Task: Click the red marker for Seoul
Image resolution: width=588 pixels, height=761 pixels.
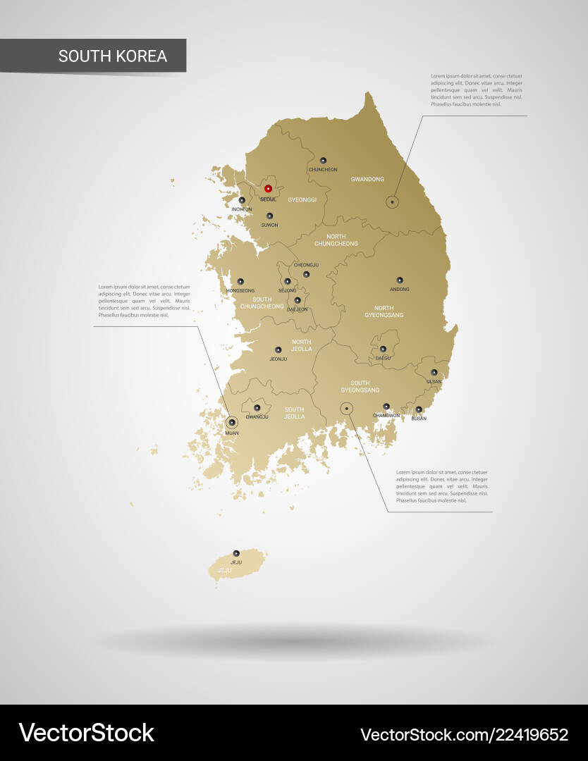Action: tap(268, 189)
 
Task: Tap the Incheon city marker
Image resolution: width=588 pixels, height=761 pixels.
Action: tap(242, 201)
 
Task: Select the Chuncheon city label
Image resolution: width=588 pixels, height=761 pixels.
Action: tap(323, 170)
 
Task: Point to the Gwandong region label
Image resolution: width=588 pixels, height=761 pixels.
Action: tap(367, 180)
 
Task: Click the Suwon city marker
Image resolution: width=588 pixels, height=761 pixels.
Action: tap(269, 216)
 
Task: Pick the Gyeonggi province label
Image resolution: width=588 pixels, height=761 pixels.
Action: tap(302, 200)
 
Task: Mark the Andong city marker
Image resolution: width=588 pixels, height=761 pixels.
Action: tap(399, 280)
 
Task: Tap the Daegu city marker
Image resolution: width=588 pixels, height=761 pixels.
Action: tap(383, 349)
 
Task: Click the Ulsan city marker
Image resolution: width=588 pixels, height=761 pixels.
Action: tap(434, 373)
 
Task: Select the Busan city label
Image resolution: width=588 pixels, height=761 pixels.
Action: tap(419, 419)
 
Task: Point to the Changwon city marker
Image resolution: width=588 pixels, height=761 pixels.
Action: tap(386, 407)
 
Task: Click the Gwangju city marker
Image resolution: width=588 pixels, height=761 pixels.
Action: tap(257, 408)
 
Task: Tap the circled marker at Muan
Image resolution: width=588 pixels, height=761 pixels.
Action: tap(232, 423)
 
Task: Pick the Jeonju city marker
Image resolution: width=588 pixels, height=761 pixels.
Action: tap(278, 350)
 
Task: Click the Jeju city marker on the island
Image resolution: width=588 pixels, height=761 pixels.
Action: tap(236, 554)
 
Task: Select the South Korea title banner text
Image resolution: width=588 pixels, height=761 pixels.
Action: tap(113, 56)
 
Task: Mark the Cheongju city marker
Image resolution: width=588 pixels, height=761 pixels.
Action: tap(306, 274)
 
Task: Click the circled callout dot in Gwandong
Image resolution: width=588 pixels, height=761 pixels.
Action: tap(392, 202)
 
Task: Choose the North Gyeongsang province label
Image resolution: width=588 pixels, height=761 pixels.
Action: tap(384, 311)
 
